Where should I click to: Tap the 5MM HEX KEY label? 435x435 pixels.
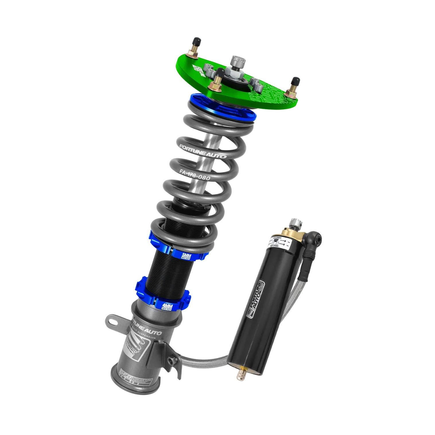coord(187,255)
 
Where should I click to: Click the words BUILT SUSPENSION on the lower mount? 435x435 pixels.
coord(146,336)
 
